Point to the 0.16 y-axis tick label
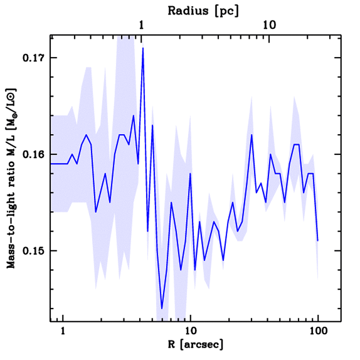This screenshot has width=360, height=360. [32, 154]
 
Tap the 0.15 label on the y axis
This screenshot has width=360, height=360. [32, 251]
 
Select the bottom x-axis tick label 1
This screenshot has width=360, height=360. [63, 332]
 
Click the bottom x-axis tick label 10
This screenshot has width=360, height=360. [190, 332]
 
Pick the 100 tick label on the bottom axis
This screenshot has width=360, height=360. [318, 332]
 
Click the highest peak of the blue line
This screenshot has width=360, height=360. [143, 48]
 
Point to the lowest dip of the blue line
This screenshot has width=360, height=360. [162, 308]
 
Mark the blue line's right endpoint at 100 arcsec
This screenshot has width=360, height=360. [318, 241]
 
